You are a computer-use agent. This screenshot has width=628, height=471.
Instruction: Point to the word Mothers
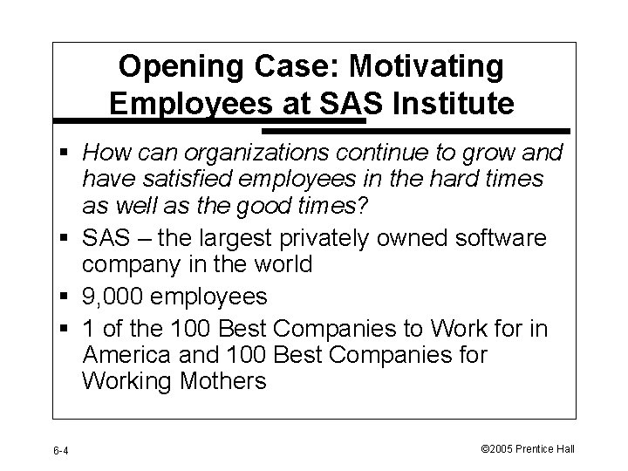tap(219, 381)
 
